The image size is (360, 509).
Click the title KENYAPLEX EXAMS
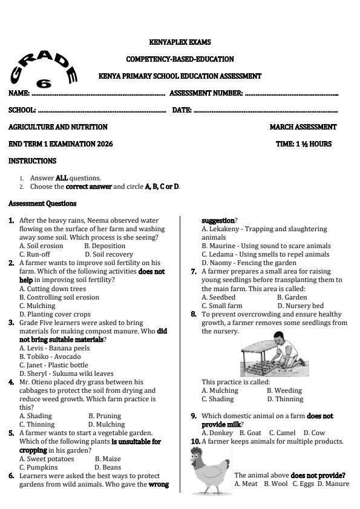coord(180,42)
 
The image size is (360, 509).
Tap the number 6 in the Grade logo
coord(44,84)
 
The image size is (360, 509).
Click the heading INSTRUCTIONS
coord(32,161)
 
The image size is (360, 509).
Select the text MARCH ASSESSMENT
coord(303,127)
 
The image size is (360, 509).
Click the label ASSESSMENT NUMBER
coord(206,93)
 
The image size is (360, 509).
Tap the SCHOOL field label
coord(22,110)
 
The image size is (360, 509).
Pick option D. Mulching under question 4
coord(106,424)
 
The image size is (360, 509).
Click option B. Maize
coord(108,459)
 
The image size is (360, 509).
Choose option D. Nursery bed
coord(301,306)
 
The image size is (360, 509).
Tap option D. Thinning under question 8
coord(284,399)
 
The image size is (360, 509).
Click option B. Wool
coord(276,484)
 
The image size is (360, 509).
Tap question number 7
coord(194,272)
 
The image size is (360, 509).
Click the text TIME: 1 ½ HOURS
coord(304,144)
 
